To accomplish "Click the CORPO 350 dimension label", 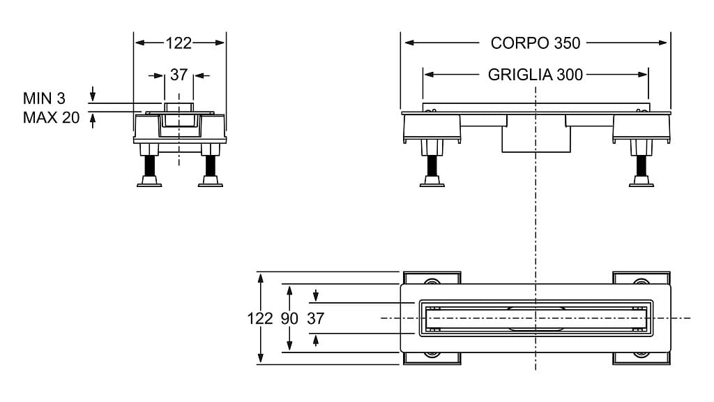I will pos(535,43).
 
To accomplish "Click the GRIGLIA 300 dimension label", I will pos(535,75).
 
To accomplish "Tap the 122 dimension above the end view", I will pos(178,43).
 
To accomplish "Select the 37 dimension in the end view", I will pos(178,75).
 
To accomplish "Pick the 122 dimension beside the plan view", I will pos(259,318).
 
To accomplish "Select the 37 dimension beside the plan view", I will pos(316,318).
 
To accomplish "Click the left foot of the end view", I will pos(149,182).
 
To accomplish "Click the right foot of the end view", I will pos(210,182).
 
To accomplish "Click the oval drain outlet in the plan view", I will pos(535,318).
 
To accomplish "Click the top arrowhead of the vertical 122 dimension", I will pos(260,277).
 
